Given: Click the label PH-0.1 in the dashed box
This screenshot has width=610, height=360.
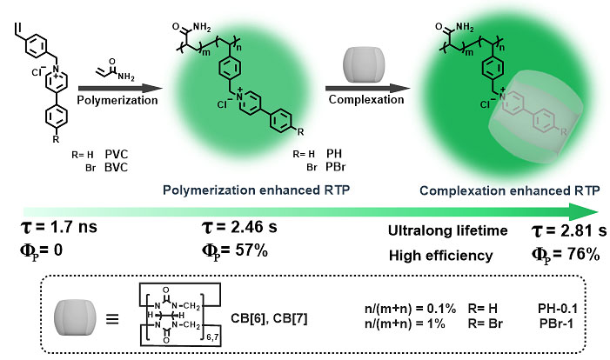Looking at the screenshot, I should [561, 307].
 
